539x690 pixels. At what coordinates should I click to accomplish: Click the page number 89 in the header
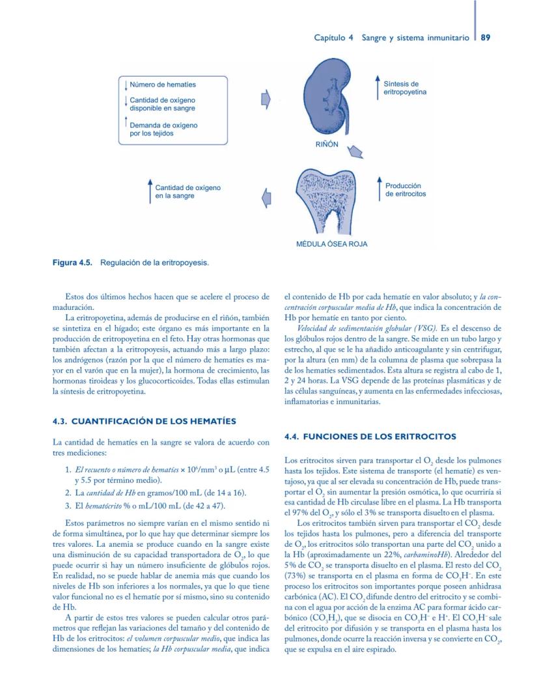[486, 38]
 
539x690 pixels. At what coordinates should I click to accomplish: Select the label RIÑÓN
[326, 144]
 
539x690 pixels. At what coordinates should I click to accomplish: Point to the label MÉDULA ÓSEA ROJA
[331, 244]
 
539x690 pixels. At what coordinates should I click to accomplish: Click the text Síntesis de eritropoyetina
[405, 88]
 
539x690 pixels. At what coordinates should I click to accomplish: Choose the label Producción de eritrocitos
[406, 189]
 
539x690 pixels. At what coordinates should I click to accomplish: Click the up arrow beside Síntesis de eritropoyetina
[377, 88]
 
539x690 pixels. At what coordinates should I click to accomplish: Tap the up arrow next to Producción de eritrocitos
[378, 189]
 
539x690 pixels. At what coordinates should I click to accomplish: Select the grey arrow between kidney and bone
[355, 152]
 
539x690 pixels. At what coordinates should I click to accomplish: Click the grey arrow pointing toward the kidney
[265, 100]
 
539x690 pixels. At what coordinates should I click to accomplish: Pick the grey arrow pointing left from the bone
[266, 197]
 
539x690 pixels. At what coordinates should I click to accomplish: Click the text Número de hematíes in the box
[163, 85]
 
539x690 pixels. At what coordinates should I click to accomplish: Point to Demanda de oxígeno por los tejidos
[163, 128]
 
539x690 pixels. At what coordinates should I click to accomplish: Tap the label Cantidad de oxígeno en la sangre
[187, 191]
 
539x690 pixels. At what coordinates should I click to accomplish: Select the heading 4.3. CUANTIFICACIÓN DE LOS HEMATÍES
[144, 421]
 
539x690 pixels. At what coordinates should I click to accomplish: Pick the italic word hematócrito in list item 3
[108, 505]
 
